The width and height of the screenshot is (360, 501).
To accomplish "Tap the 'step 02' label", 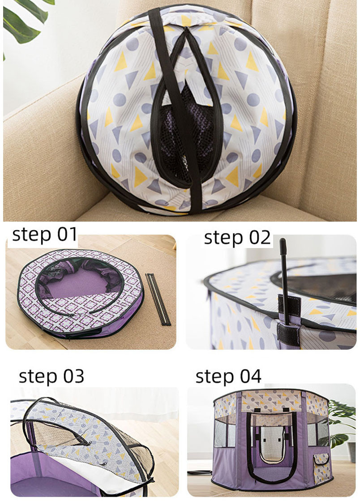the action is pyautogui.click(x=237, y=238).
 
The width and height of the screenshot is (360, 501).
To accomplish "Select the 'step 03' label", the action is pyautogui.click(x=51, y=376).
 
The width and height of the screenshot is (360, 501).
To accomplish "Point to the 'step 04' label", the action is pyautogui.click(x=228, y=376).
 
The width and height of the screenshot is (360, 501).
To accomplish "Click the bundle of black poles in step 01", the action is pyautogui.click(x=159, y=299).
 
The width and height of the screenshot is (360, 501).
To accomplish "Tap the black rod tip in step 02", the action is pyautogui.click(x=283, y=245).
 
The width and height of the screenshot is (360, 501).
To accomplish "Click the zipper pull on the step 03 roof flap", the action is pyautogui.click(x=103, y=464).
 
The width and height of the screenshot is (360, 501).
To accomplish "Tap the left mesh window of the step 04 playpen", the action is pyautogui.click(x=225, y=432).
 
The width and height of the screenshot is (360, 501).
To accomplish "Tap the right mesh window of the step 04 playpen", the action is pyautogui.click(x=318, y=433).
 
